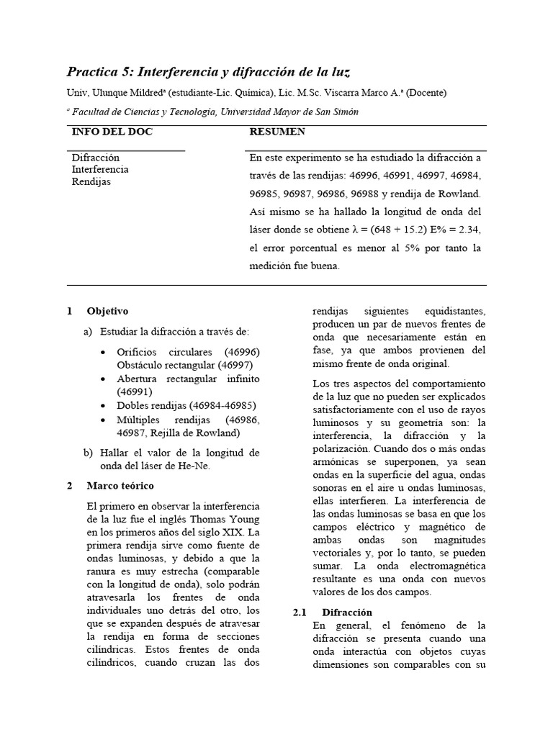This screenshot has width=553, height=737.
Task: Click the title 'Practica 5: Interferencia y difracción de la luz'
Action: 208,72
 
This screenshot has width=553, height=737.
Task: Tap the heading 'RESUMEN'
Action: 277,132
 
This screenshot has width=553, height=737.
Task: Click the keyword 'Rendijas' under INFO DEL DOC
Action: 91,181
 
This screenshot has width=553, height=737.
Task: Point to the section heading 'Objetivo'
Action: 107,312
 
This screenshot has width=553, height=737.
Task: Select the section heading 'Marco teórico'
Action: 120,485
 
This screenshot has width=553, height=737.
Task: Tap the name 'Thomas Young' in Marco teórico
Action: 228,520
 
